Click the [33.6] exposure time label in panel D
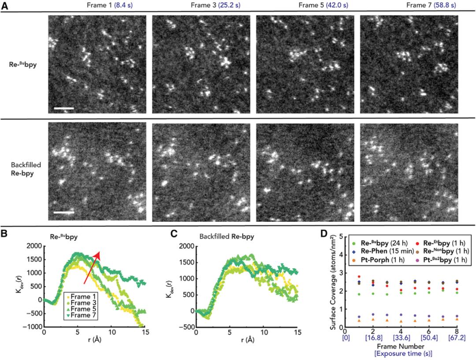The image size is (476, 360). pyautogui.click(x=400, y=337)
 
